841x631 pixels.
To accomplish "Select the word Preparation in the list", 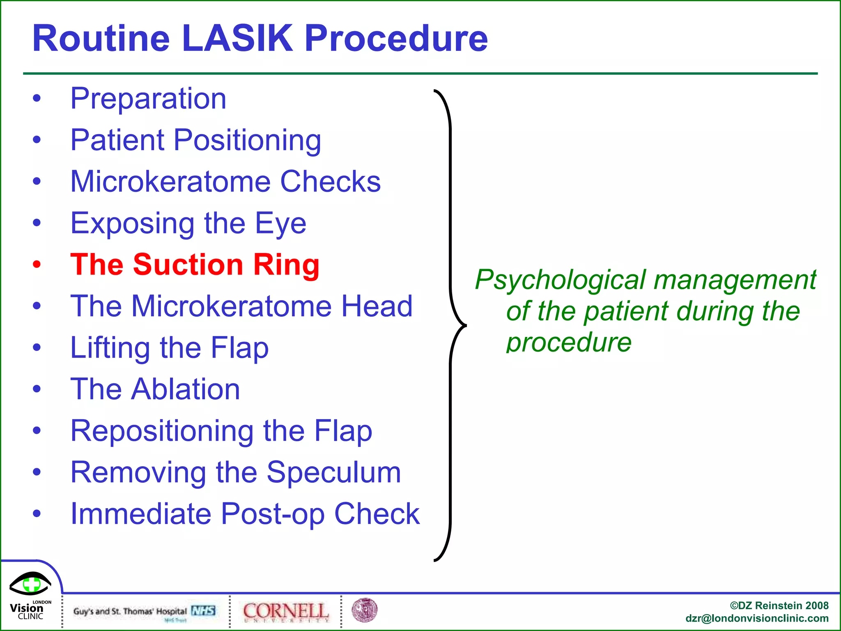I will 148,99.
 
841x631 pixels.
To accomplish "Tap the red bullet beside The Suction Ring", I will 37,264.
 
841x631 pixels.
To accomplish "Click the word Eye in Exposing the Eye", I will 280,223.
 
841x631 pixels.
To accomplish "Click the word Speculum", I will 333,472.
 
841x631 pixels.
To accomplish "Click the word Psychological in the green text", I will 561,280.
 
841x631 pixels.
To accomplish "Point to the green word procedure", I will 568,343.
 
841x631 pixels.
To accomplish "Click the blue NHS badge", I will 203,611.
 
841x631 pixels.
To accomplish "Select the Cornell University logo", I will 285,612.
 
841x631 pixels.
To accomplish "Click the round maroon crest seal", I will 364,610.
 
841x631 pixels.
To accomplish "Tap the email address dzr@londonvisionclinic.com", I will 756,619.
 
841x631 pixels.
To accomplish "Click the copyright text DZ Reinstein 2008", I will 779,606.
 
